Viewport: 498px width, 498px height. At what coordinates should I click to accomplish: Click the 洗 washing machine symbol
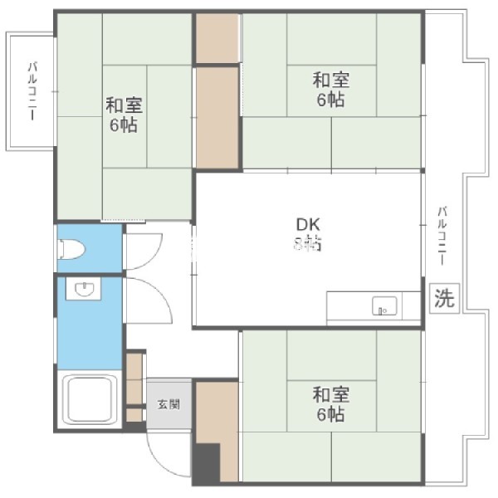(x=444, y=299)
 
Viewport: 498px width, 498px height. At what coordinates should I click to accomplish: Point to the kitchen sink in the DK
(x=384, y=306)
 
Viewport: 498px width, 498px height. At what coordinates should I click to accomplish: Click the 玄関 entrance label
(x=168, y=404)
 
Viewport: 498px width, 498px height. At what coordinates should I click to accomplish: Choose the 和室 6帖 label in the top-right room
(x=330, y=90)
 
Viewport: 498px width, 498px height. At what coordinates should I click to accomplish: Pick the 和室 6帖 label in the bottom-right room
(x=330, y=403)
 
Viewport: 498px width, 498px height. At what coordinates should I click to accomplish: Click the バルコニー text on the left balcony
(x=32, y=91)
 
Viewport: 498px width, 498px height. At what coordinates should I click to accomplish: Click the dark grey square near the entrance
(x=207, y=461)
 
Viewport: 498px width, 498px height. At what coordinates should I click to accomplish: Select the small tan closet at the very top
(x=217, y=37)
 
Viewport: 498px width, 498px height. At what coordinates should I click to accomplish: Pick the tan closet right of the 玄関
(x=216, y=411)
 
